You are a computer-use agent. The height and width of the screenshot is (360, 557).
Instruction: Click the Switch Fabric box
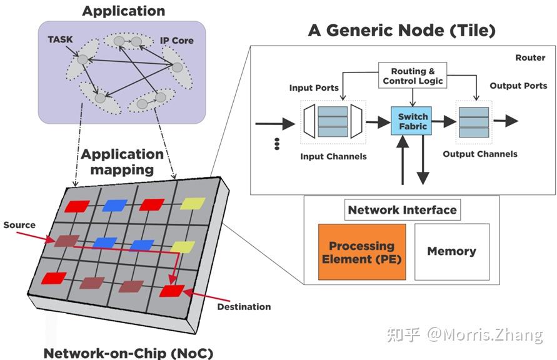tap(413, 121)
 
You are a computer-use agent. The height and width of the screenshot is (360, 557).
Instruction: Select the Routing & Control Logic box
tap(413, 76)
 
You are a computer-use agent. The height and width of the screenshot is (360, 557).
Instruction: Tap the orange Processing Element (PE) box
tap(361, 251)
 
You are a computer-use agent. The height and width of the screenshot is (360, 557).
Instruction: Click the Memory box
tap(451, 251)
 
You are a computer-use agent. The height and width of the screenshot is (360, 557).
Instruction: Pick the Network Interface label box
tap(402, 210)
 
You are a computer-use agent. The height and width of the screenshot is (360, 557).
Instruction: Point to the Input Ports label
tap(314, 88)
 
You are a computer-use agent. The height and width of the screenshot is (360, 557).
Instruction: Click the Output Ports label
tap(518, 86)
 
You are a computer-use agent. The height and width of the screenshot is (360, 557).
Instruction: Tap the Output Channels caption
tap(480, 154)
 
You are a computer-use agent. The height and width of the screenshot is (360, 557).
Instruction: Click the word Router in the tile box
tap(530, 57)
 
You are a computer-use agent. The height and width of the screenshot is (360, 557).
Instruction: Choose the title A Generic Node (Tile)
tap(401, 31)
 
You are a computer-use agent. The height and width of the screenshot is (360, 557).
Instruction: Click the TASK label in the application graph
tap(60, 39)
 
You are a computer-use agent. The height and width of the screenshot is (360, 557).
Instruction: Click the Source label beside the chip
tap(19, 225)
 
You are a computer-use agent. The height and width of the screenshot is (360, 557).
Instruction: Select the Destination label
tap(243, 307)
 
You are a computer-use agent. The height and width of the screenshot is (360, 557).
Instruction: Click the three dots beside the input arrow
tap(276, 145)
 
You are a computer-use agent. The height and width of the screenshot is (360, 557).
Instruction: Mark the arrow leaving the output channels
tap(506, 121)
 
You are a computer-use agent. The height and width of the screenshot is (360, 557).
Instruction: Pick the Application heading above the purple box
tap(124, 11)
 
